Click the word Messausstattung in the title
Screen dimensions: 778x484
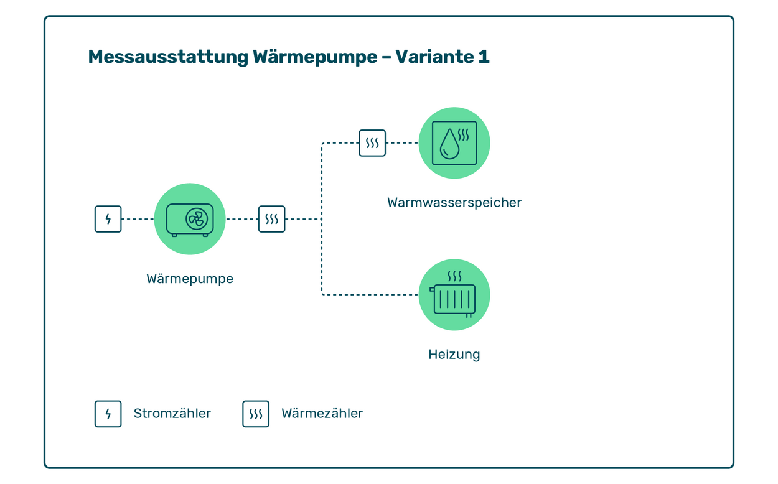coord(168,57)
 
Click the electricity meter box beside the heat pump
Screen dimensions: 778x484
coord(108,219)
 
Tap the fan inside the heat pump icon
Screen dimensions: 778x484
coord(197,219)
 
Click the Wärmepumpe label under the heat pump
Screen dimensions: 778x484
coord(190,279)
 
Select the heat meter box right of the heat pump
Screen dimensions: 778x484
coord(271,219)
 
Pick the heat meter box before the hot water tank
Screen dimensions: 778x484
coord(372,143)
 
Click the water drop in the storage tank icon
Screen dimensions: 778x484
coord(449,144)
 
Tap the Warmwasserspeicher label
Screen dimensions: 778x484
coord(454,202)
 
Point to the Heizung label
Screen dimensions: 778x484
coord(454,354)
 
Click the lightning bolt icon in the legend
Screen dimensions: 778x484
coord(108,414)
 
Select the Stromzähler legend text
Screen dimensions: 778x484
coord(172,414)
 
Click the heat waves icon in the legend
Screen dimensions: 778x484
coord(256,414)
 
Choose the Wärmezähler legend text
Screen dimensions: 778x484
coord(322,414)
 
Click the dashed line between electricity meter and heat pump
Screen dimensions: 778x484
coord(138,219)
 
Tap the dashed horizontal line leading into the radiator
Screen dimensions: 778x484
coord(370,295)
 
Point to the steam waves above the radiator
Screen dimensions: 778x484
coord(454,276)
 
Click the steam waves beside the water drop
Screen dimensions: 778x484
coord(464,135)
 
